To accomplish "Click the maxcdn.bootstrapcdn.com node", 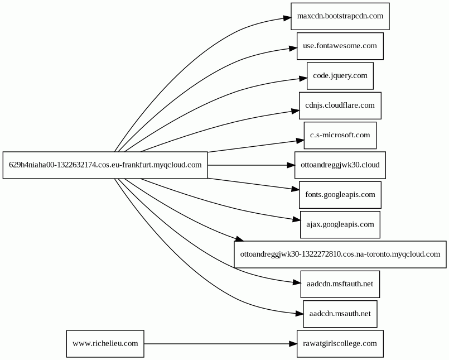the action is pyautogui.click(x=340, y=16).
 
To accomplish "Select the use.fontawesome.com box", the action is pyautogui.click(x=340, y=46).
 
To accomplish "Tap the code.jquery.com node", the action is pyautogui.click(x=340, y=76).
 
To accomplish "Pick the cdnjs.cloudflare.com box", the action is pyautogui.click(x=340, y=105).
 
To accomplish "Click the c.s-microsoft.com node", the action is pyautogui.click(x=340, y=135).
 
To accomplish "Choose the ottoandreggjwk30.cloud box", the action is pyautogui.click(x=340, y=165).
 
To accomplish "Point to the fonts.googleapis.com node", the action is pyautogui.click(x=340, y=195).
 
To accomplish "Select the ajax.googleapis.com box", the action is pyautogui.click(x=340, y=225).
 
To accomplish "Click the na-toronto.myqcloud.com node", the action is pyautogui.click(x=340, y=255).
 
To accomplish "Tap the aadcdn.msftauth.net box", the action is pyautogui.click(x=340, y=284).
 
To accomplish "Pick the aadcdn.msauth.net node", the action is pyautogui.click(x=340, y=314).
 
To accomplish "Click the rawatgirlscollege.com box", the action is pyautogui.click(x=340, y=344).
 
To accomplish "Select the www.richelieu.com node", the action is pyautogui.click(x=105, y=344).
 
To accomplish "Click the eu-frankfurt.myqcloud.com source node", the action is pyautogui.click(x=105, y=165).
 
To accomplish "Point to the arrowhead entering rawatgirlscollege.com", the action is pyautogui.click(x=293, y=344).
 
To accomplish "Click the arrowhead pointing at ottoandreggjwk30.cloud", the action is pyautogui.click(x=291, y=165).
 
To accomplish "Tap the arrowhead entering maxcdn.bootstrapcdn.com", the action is pyautogui.click(x=287, y=18).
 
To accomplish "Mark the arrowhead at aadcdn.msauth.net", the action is pyautogui.click(x=299, y=314).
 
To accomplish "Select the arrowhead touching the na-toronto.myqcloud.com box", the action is pyautogui.click(x=239, y=239).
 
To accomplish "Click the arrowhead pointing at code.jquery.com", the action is pyautogui.click(x=303, y=78).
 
